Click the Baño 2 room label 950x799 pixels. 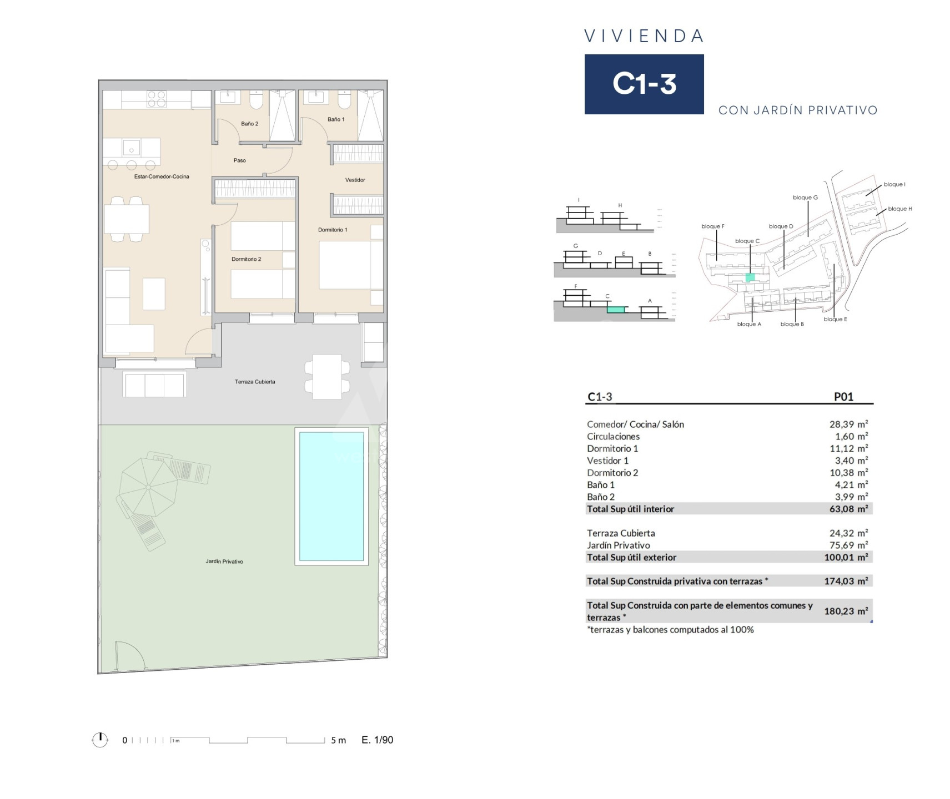coord(249,124)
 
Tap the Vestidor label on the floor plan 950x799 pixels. coord(355,180)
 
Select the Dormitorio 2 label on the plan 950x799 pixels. coord(246,259)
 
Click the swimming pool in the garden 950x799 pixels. coord(331,496)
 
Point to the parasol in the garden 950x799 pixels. coord(148,487)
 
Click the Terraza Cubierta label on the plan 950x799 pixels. coord(255,382)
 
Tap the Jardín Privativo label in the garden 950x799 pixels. coord(224,562)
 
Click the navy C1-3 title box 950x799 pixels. coord(644,84)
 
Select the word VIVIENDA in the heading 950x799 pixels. coord(644,36)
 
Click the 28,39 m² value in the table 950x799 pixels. coord(848,424)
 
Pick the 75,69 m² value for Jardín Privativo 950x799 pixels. coord(848,545)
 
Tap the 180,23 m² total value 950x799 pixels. coord(846,611)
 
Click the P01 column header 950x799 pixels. coord(843,397)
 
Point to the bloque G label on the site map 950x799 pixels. coord(805,198)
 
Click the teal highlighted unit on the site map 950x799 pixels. coord(750,277)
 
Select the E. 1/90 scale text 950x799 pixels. coord(377,740)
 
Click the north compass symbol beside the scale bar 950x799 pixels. coord(100,740)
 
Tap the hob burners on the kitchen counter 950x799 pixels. coord(157,99)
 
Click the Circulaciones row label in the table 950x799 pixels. coord(613,437)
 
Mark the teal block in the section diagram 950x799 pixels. coord(616,310)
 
